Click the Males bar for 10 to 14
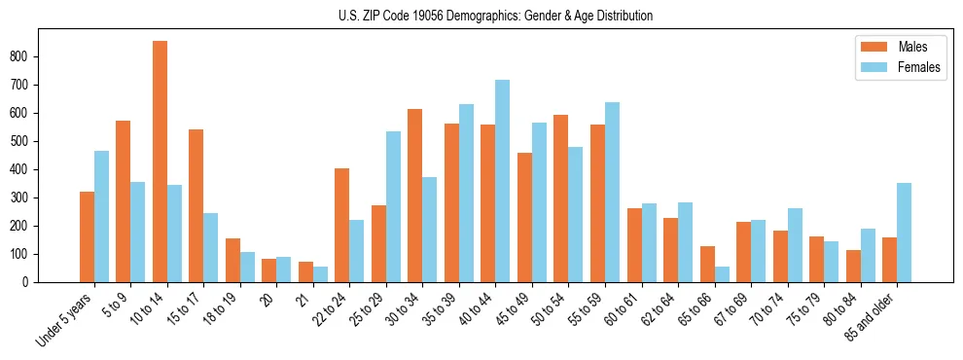(160, 162)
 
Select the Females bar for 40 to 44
(502, 181)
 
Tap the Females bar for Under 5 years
(101, 216)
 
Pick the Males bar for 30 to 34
(414, 196)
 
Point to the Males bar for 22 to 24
(341, 225)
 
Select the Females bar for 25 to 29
(393, 206)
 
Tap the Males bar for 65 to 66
(707, 264)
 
